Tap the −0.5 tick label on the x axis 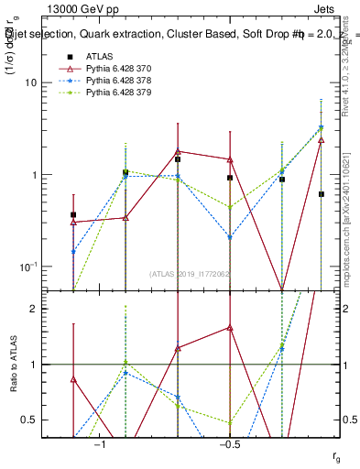click(x=230, y=444)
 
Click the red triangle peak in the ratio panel click(x=230, y=327)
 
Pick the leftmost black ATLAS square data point click(x=73, y=214)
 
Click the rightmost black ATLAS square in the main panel click(x=322, y=194)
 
